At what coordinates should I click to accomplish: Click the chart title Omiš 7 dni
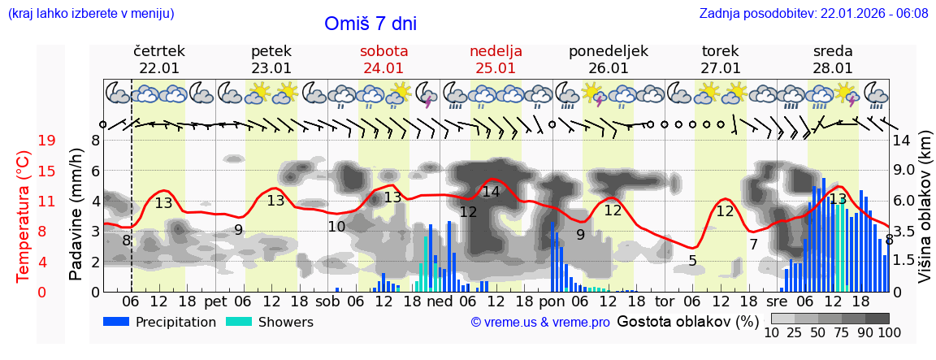[370, 24]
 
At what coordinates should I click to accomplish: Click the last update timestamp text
[813, 14]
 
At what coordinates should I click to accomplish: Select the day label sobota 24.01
[384, 59]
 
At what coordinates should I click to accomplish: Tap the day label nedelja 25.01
[496, 59]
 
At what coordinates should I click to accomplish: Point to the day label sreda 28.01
[833, 59]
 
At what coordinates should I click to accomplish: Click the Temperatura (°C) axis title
[24, 216]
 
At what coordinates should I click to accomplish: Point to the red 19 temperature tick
[46, 141]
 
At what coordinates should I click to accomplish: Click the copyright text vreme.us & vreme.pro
[540, 323]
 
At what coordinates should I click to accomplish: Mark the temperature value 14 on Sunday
[491, 193]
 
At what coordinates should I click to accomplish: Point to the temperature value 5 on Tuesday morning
[692, 261]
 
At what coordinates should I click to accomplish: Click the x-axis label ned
[440, 301]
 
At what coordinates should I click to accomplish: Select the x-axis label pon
[552, 301]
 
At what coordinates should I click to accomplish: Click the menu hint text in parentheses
[91, 14]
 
